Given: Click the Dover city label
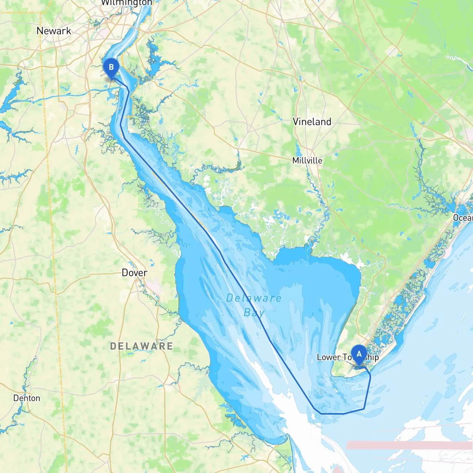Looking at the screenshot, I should point(135,273).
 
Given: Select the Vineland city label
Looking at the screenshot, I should point(312,122).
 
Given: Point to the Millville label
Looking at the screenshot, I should point(307,160).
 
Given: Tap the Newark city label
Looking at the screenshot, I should point(54,31).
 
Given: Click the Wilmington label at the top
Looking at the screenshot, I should point(126,3).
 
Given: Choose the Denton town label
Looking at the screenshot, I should point(27,398).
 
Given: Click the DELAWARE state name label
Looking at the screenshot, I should point(142,346).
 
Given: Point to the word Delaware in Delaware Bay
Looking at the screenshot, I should point(253,298).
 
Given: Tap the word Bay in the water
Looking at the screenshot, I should point(254,313).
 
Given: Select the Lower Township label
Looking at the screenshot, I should point(347,357).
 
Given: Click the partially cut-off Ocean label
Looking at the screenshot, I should point(463,218).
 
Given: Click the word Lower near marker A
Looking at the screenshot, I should point(328,357).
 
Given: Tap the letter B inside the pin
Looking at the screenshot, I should point(111,67).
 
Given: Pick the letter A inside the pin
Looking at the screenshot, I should point(359,354).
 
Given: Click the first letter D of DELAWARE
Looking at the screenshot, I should point(113,346).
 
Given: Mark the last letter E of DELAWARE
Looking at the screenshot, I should point(170,346).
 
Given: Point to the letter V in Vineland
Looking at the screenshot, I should point(296,122).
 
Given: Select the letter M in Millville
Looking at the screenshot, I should point(296,160).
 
